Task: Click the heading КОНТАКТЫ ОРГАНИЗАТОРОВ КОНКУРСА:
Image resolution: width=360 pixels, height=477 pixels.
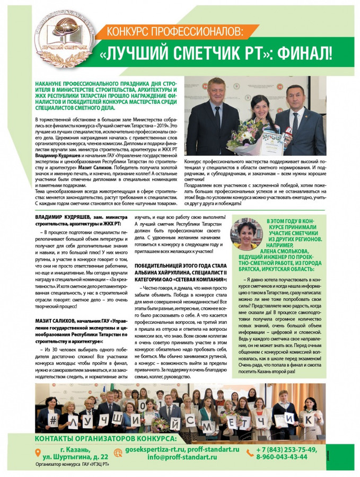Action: coord(105,438)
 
